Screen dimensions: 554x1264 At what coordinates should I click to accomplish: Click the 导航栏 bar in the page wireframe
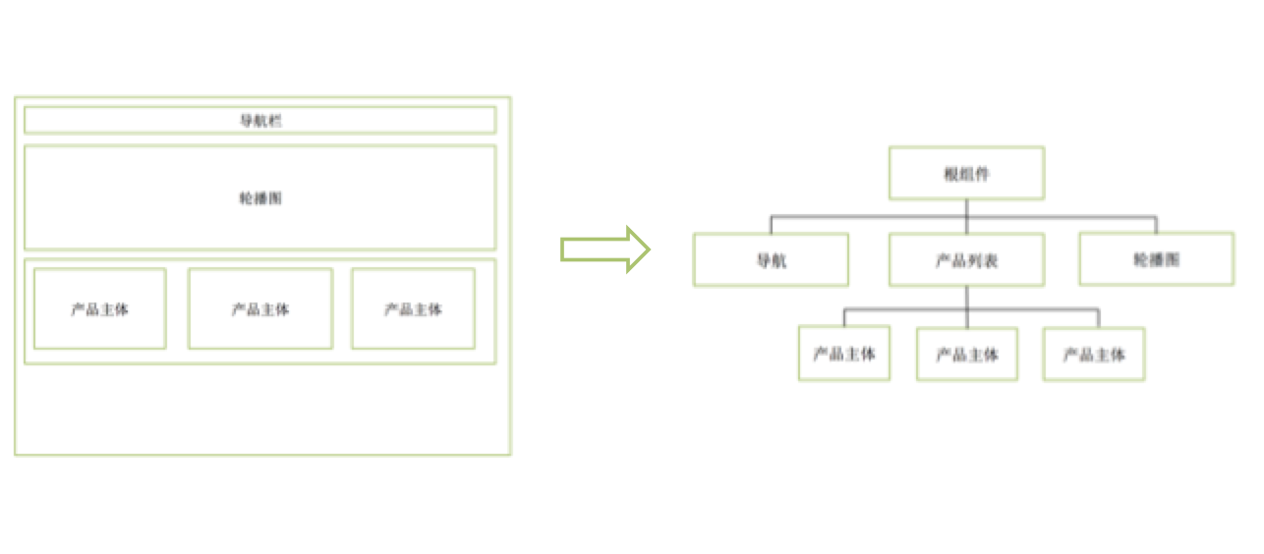(x=260, y=120)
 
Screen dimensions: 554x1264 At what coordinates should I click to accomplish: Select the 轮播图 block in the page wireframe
(x=260, y=197)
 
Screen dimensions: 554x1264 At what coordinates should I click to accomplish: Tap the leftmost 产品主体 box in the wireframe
(x=99, y=308)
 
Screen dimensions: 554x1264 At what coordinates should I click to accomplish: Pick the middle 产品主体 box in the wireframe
(x=260, y=308)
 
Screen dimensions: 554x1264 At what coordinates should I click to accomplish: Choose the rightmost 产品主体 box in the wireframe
(x=413, y=308)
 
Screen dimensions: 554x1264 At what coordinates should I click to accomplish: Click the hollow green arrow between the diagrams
(x=604, y=249)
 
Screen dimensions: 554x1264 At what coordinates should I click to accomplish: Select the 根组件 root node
(x=966, y=174)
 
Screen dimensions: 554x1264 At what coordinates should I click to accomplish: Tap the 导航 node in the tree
(x=771, y=260)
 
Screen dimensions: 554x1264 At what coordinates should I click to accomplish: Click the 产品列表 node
(x=966, y=260)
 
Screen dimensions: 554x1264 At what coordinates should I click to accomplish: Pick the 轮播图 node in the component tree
(x=1156, y=259)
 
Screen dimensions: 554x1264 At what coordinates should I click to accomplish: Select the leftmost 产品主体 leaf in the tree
(x=844, y=354)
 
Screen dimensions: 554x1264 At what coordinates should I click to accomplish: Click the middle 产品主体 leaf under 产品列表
(x=966, y=354)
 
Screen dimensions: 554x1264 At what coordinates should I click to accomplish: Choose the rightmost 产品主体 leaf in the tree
(x=1094, y=354)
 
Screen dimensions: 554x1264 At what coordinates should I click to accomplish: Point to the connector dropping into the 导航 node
(x=771, y=224)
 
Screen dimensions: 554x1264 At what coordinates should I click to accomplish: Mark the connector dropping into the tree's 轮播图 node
(x=1156, y=223)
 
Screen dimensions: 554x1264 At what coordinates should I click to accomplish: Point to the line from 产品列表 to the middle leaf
(x=966, y=317)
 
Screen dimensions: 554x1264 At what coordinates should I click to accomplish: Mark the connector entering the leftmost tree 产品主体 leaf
(x=844, y=317)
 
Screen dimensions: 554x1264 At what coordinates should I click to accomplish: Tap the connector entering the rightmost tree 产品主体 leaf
(x=1098, y=317)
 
